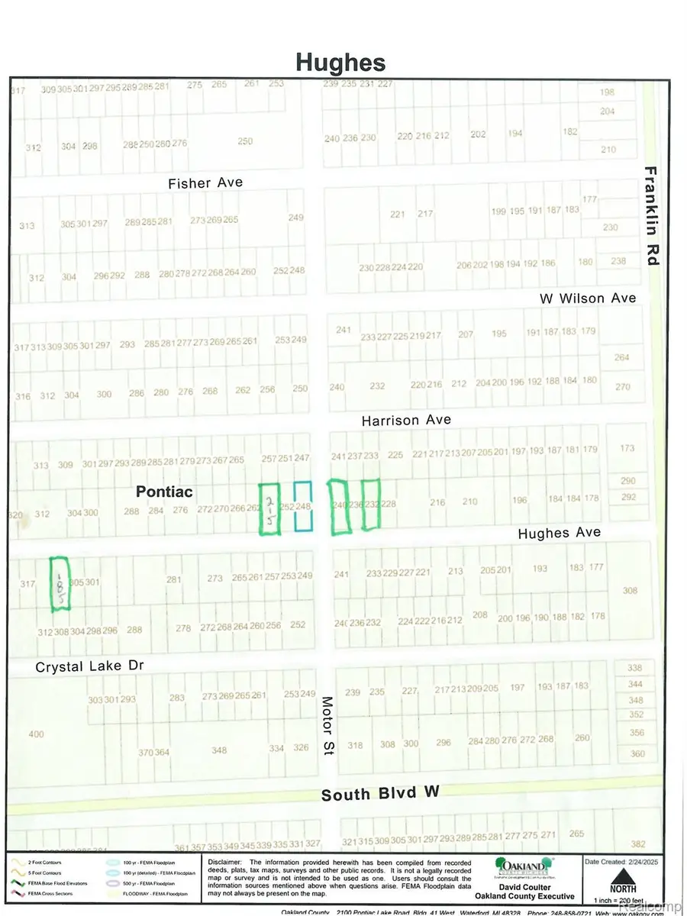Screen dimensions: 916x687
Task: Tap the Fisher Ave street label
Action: [206, 182]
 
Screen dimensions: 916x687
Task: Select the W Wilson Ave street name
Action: [587, 298]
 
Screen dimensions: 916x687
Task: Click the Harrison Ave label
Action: [406, 420]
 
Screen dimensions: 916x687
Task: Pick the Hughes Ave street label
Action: [560, 533]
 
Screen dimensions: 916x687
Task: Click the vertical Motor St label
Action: [328, 725]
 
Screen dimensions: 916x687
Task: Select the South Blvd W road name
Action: [380, 794]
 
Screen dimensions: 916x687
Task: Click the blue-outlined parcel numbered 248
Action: [304, 506]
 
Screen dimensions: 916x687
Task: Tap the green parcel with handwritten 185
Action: [59, 584]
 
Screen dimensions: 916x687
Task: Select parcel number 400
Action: [36, 734]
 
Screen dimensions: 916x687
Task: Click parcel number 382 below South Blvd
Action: [638, 843]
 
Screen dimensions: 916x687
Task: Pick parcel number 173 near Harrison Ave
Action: [627, 448]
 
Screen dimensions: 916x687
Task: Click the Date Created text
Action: [608, 861]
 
